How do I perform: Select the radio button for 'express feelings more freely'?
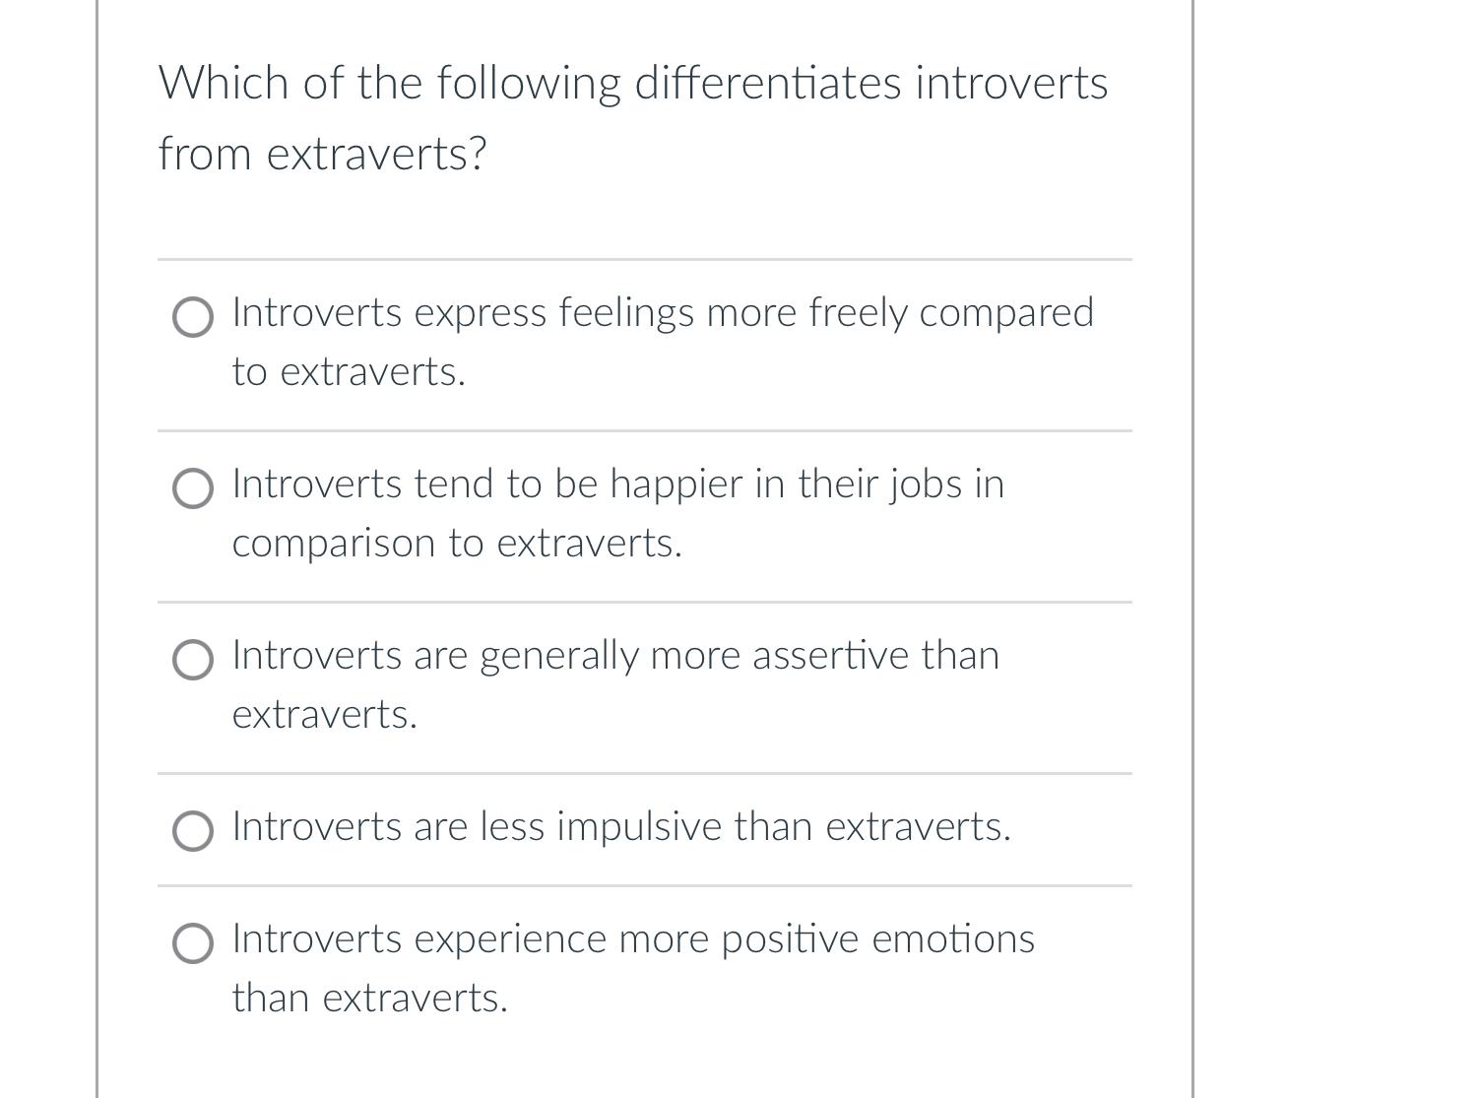point(192,318)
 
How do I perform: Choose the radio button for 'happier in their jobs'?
point(192,489)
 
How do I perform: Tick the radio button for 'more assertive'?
point(192,661)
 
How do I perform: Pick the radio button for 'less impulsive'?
point(192,831)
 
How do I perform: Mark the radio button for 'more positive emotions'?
point(192,943)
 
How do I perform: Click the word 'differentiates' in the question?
point(767,83)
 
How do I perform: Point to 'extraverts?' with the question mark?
point(377,155)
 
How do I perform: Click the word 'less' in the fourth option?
point(512,827)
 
